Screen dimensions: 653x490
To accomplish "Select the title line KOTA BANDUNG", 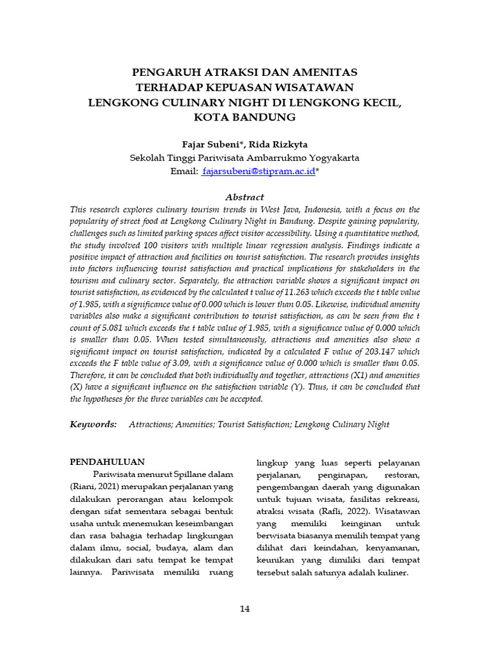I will (244, 117).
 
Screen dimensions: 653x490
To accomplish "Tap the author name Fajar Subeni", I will (204, 144).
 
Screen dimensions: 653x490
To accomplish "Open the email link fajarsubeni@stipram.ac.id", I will (258, 172).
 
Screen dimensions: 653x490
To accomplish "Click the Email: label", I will (184, 172).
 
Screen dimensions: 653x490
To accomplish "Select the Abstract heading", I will (244, 197).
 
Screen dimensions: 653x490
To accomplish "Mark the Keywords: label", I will (93, 424).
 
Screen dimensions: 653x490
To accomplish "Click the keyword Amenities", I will (195, 424).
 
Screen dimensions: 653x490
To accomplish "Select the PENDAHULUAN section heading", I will (107, 462).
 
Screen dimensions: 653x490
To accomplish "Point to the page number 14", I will (244, 608).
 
